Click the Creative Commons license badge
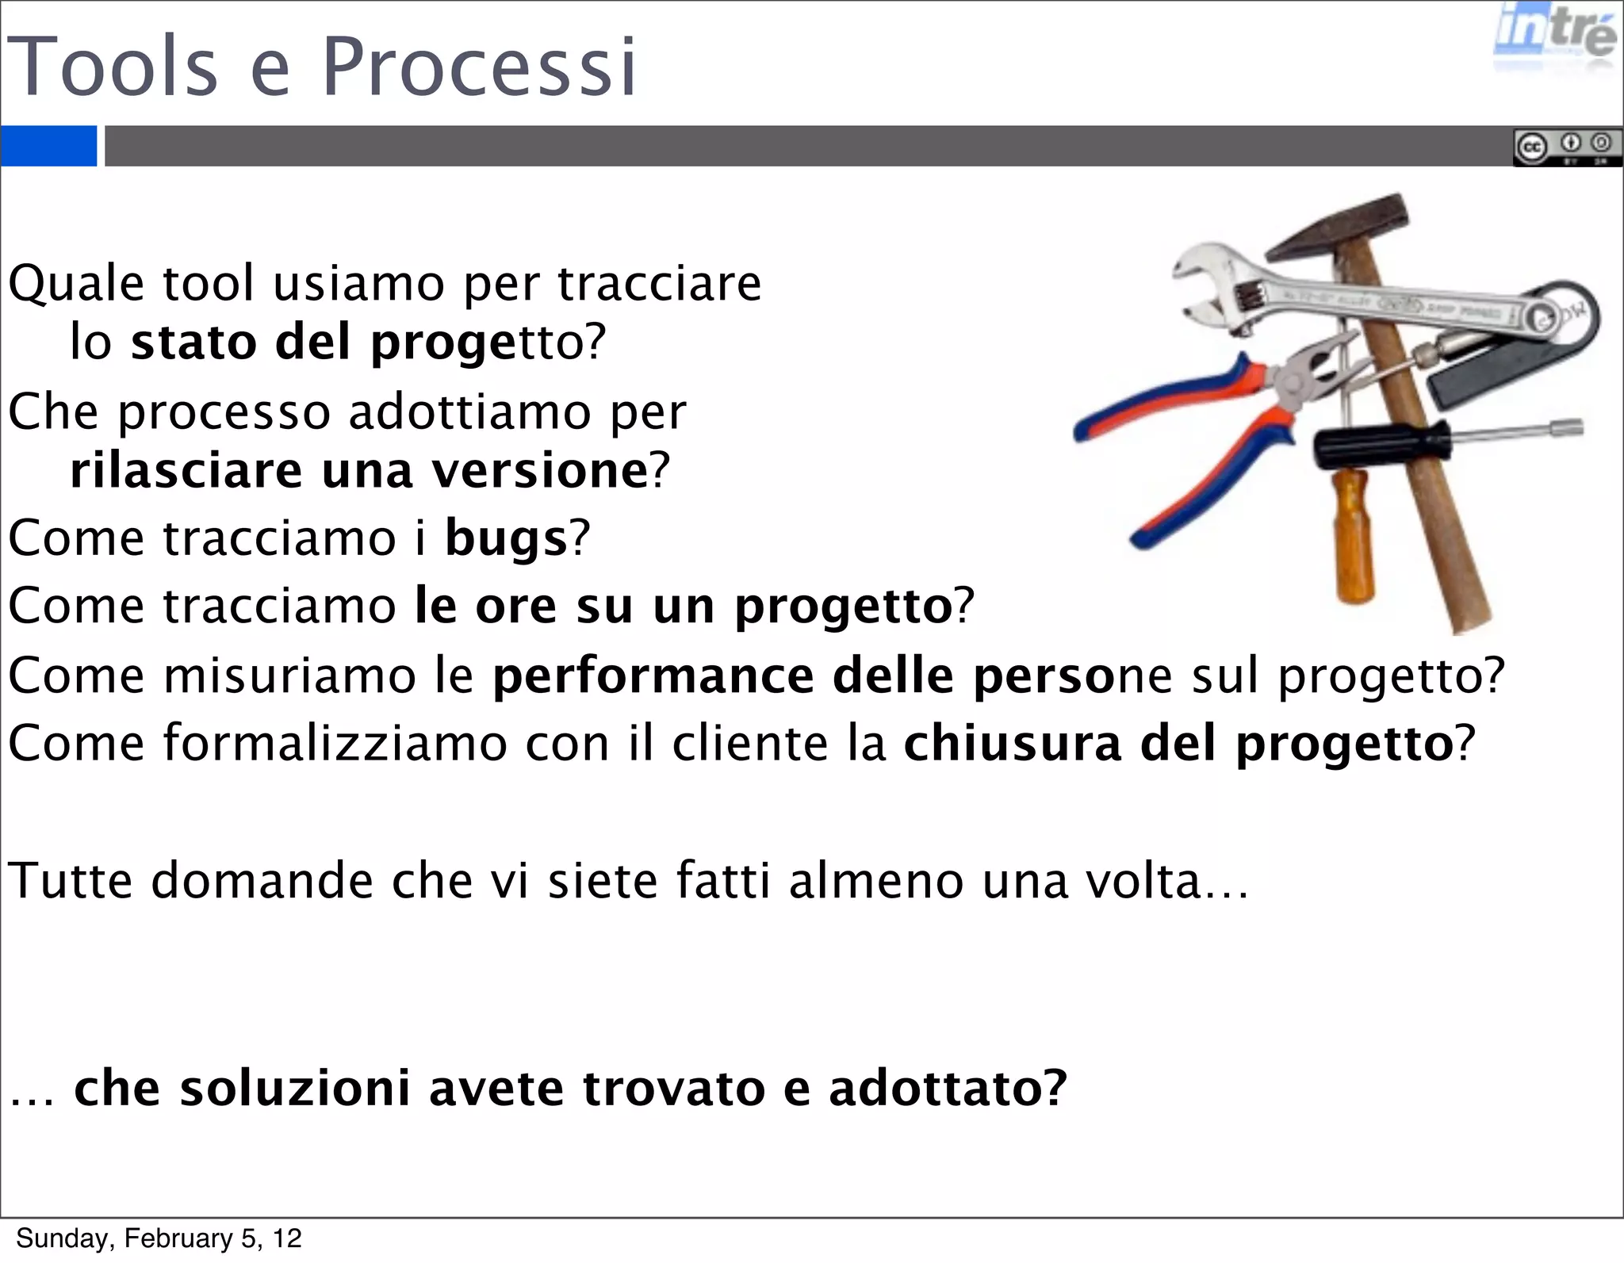[1567, 147]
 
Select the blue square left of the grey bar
[48, 146]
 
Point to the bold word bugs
[506, 538]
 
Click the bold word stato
[193, 343]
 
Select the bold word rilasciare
[186, 471]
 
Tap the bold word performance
[653, 676]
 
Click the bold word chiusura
[1013, 744]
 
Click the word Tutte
[70, 881]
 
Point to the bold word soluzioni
[295, 1088]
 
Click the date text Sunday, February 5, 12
[159, 1238]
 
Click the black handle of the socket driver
[1380, 446]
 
